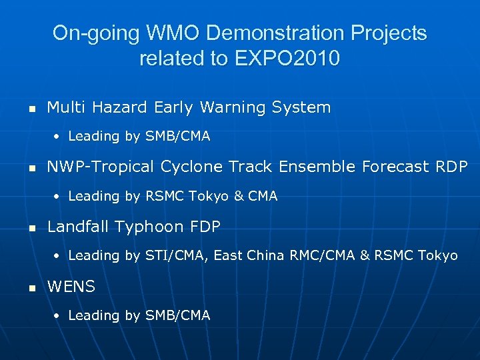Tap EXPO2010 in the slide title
pos(287,59)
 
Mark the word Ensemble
pos(317,167)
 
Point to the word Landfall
pos(79,227)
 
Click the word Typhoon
pos(150,227)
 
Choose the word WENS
pos(71,287)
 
